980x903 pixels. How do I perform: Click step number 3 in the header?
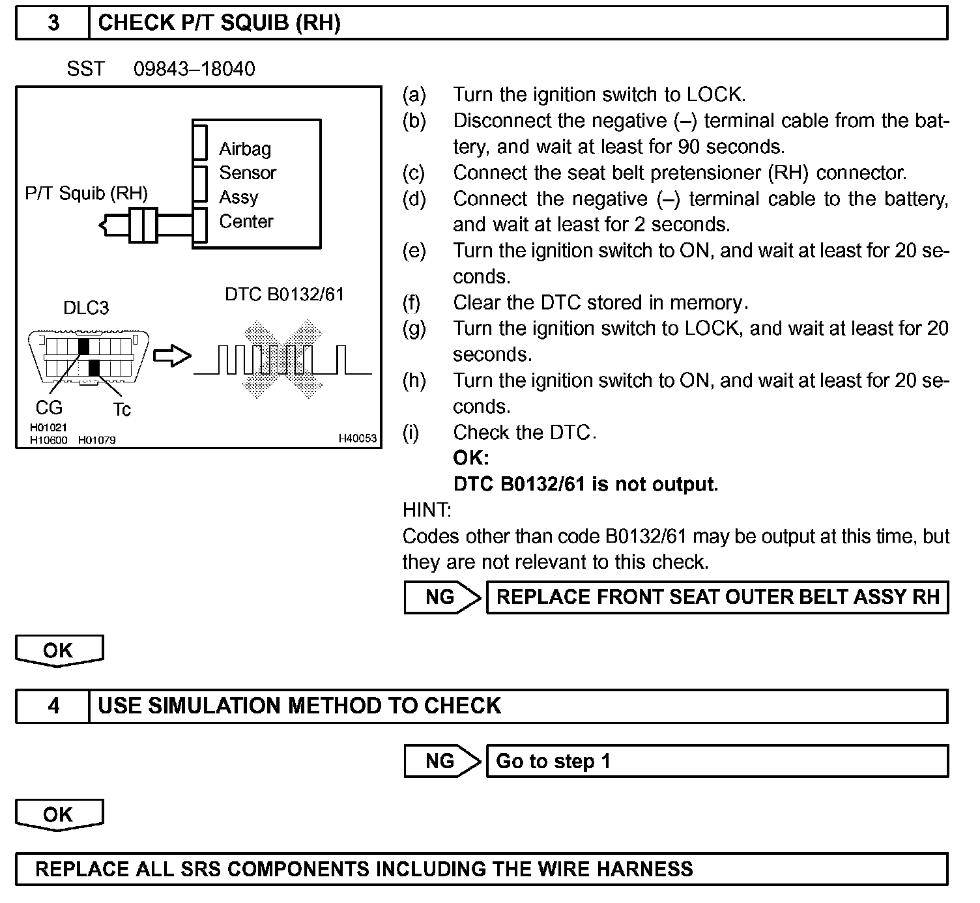click(x=53, y=23)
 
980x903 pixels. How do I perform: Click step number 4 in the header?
click(x=53, y=706)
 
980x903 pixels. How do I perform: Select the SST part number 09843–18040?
click(x=194, y=69)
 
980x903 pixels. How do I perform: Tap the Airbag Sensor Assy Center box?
click(x=257, y=184)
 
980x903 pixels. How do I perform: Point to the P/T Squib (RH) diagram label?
click(x=86, y=193)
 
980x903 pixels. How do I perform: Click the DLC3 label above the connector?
click(x=86, y=308)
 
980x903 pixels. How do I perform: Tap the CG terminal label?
click(x=49, y=408)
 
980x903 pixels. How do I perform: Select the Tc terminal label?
click(x=122, y=410)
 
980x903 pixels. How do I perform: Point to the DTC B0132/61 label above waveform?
click(x=284, y=294)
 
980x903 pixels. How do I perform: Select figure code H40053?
click(x=357, y=438)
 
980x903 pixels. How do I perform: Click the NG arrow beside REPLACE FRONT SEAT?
click(x=442, y=597)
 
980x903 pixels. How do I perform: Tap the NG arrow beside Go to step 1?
click(x=442, y=761)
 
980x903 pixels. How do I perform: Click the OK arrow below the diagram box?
click(x=59, y=651)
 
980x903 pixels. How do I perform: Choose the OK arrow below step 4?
click(x=59, y=815)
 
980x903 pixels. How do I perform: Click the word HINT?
click(x=427, y=510)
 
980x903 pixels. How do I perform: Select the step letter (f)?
click(x=412, y=303)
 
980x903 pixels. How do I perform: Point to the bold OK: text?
click(x=470, y=458)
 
